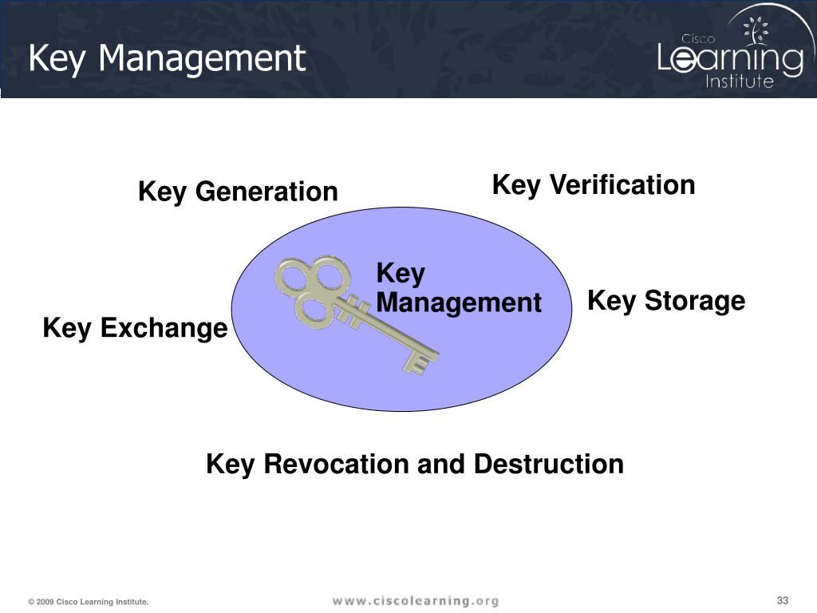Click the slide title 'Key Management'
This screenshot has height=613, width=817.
[x=167, y=58]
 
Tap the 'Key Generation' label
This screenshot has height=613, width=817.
[x=238, y=192]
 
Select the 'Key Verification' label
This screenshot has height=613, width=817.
[x=594, y=185]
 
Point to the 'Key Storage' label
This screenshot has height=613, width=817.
[x=666, y=301]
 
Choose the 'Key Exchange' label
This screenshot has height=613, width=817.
[x=135, y=328]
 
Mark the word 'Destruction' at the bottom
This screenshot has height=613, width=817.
[x=549, y=464]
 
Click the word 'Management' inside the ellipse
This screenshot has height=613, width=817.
[x=459, y=303]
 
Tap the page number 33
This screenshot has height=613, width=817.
[x=782, y=600]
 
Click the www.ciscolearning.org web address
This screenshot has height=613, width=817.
[x=415, y=601]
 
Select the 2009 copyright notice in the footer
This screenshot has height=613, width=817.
[x=88, y=602]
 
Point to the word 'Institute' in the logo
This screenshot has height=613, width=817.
[x=740, y=81]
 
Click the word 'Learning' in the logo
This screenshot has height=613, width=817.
[x=730, y=59]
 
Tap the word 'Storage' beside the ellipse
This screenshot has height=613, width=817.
[x=694, y=301]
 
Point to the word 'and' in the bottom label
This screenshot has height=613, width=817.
[x=443, y=464]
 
